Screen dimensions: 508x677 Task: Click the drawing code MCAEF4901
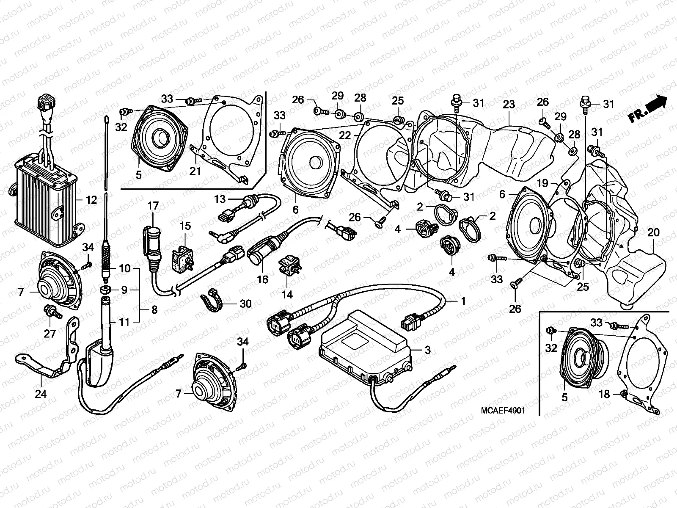[x=503, y=411]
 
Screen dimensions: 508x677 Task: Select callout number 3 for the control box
[x=427, y=350]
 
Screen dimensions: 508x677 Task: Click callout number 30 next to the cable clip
[x=245, y=304]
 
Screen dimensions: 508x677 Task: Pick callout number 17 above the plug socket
[x=153, y=206]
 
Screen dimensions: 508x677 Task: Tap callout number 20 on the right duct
[x=653, y=232]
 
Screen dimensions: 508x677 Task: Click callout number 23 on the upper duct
[x=509, y=104]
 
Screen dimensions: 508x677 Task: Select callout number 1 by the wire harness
[x=463, y=301]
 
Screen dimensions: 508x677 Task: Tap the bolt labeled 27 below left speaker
[x=54, y=313]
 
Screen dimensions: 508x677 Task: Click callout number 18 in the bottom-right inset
[x=605, y=394]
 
